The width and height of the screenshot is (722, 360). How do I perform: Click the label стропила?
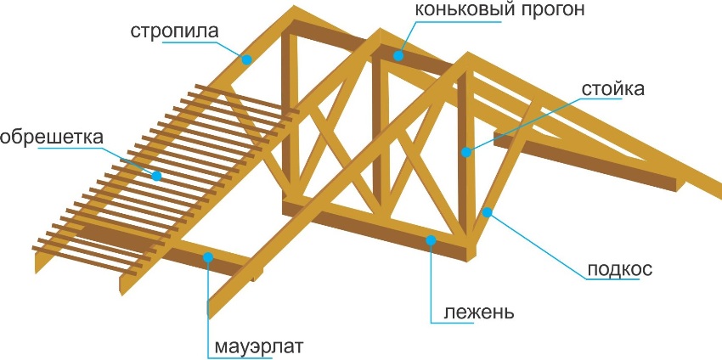click(174, 31)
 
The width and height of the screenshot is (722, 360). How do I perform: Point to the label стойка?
click(613, 89)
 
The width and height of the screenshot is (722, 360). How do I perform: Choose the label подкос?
click(620, 269)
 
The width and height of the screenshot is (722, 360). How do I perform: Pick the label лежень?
click(479, 313)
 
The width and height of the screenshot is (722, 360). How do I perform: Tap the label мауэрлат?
click(259, 346)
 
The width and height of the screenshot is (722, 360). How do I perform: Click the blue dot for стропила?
click(247, 59)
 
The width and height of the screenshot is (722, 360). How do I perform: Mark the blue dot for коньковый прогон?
click(398, 56)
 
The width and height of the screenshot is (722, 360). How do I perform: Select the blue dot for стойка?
click(466, 152)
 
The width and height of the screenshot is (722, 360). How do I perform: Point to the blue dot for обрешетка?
click(156, 176)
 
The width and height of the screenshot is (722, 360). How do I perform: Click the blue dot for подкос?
click(487, 212)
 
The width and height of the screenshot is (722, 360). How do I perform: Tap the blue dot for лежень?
click(431, 239)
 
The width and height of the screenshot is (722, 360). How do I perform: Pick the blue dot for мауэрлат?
click(208, 257)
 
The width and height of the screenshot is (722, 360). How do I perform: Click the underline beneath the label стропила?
click(189, 42)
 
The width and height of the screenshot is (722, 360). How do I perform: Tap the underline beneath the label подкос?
click(613, 279)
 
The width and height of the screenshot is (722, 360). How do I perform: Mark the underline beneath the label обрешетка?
click(70, 149)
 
